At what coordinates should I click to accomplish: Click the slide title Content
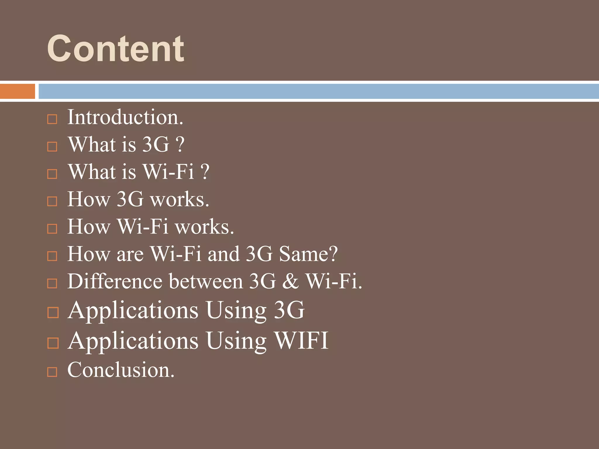(116, 49)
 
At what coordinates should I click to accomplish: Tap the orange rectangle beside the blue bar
(17, 91)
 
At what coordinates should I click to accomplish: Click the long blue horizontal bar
(318, 91)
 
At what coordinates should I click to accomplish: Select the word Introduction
(125, 117)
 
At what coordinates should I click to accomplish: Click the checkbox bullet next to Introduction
(52, 119)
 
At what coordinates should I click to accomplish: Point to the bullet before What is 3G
(52, 146)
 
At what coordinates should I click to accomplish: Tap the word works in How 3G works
(179, 199)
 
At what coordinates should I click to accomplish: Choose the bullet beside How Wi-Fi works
(52, 229)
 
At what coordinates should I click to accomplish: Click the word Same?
(308, 254)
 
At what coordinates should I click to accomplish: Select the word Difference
(115, 281)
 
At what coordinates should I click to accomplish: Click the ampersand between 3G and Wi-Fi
(290, 281)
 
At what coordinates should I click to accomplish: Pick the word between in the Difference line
(206, 281)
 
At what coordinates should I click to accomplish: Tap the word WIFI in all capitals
(301, 341)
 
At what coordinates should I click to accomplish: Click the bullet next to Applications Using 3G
(53, 312)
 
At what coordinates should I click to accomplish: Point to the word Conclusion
(121, 370)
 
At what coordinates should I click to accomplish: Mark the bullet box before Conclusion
(52, 372)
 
